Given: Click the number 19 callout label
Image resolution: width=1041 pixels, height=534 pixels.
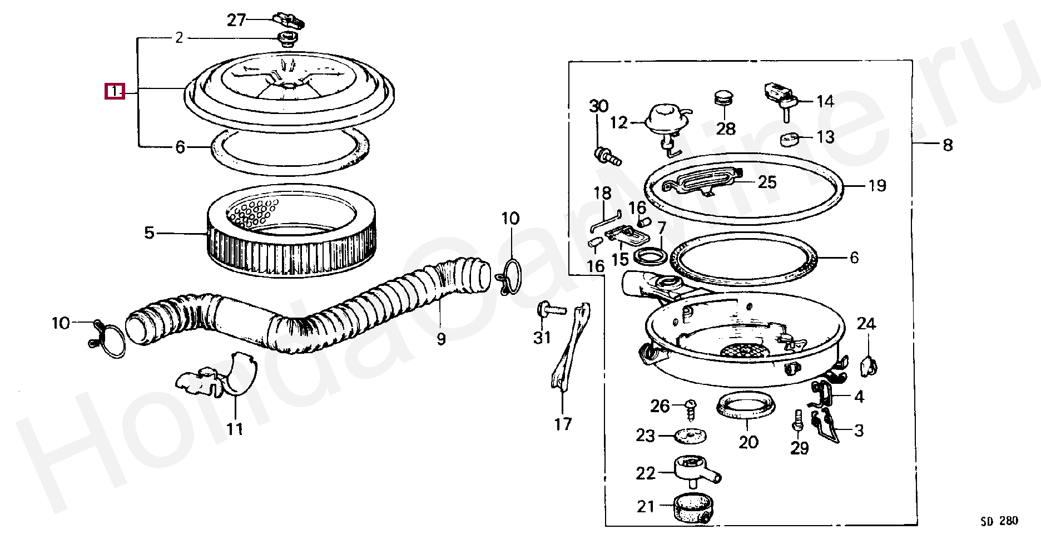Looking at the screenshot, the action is [876, 185].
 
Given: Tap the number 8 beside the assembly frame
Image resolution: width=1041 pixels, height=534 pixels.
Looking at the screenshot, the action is [947, 146].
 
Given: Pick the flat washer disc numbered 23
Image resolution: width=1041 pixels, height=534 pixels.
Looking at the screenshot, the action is [690, 436].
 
